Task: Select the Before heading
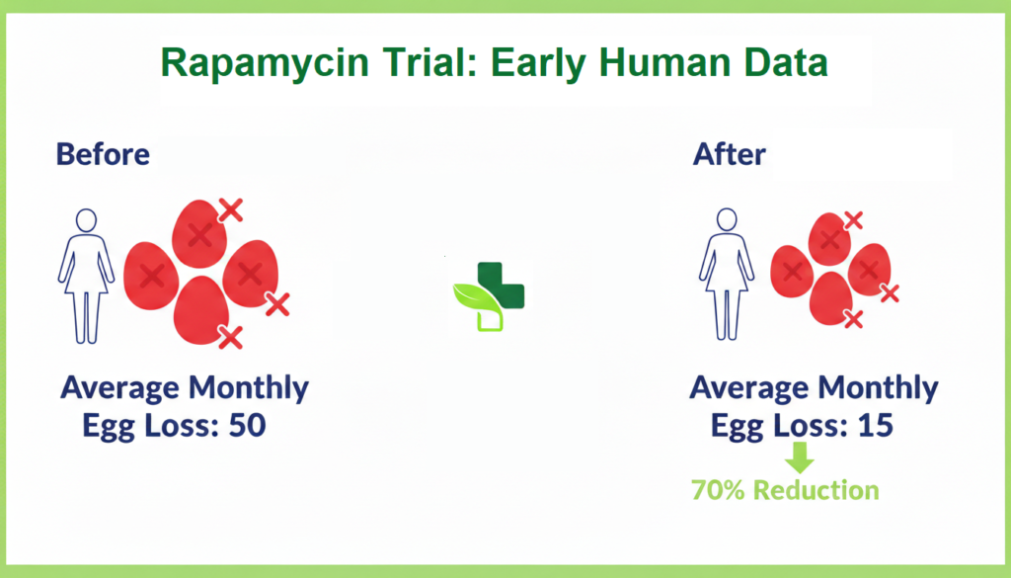pos(103,154)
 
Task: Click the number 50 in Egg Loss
pos(246,426)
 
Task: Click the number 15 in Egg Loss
pos(872,426)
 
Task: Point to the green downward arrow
pos(801,456)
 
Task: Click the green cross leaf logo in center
pos(489,294)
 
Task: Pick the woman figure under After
pos(727,274)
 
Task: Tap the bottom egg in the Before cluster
pos(201,310)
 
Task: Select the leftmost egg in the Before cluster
pos(151,276)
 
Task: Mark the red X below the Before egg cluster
pos(230,338)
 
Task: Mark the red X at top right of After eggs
pos(853,220)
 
